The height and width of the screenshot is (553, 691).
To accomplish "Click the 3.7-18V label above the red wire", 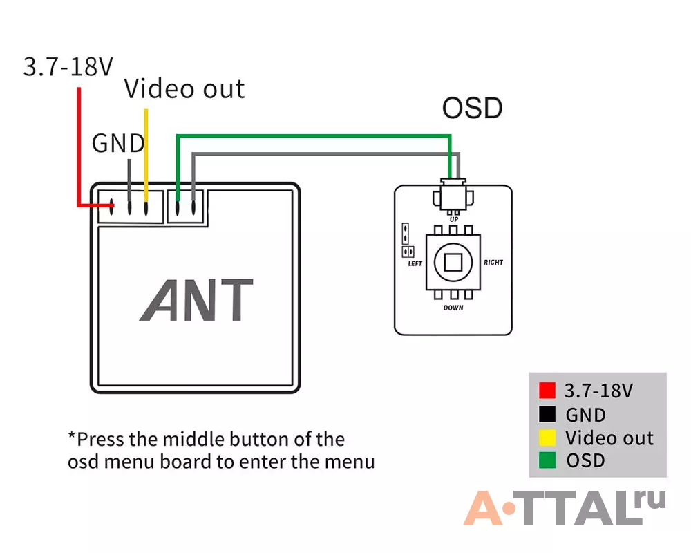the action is coord(68,67).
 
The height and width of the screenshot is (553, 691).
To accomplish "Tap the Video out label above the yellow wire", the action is coord(184,89).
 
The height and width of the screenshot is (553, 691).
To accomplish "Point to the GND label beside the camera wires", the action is coord(118,143).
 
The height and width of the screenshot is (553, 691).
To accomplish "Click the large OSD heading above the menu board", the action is coord(472,108).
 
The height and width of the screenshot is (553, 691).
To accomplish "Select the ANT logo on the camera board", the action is coord(196,300).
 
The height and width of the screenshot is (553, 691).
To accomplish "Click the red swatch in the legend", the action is coord(547,391).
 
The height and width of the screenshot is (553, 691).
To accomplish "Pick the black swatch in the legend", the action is coord(547,414).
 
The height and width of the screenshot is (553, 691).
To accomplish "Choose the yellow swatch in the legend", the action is coord(547,438).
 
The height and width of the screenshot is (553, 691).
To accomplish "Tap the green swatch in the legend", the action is coord(547,460).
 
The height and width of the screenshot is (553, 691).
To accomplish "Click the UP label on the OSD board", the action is coord(454,219).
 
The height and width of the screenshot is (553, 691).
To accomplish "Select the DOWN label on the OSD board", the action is coord(453,308).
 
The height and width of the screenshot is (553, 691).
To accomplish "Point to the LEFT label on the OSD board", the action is coord(415,263).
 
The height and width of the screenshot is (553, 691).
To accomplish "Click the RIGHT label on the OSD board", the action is coord(493,263).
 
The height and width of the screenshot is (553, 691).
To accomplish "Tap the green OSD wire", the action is coord(313,136).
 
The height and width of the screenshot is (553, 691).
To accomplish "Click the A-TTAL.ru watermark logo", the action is coord(565,507).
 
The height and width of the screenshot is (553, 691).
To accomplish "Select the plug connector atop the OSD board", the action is coord(453,196).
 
